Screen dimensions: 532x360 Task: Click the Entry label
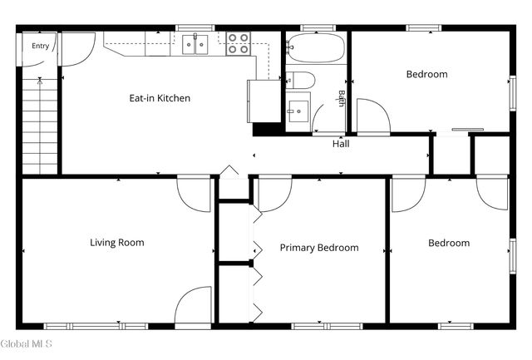point(41,46)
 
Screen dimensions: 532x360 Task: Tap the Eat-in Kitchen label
point(160,98)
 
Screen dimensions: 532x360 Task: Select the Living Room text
point(117,243)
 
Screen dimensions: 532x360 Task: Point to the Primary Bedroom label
point(319,248)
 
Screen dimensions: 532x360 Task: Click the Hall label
point(341,144)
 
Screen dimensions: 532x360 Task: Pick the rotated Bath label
point(342,98)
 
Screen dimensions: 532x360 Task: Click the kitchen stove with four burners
point(239,44)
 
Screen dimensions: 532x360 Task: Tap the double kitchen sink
point(195,44)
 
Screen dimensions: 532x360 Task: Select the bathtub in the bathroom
point(316,47)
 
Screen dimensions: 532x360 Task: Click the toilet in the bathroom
point(300,80)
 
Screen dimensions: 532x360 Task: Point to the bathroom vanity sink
point(298,111)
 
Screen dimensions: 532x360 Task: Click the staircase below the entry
point(40,126)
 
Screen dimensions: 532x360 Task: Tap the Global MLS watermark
point(26,343)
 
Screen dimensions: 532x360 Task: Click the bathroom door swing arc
point(316,114)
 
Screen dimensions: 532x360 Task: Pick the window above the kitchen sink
point(195,27)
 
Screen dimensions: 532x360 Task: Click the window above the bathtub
point(318,27)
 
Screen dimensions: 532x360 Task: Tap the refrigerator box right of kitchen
point(264,101)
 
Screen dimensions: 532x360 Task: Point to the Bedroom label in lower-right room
point(449,243)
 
